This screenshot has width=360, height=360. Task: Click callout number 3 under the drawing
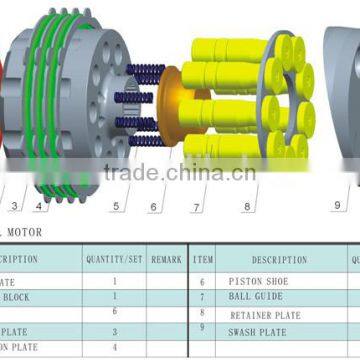pyautogui.click(x=13, y=206)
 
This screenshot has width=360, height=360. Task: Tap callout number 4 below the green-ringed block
pyautogui.click(x=40, y=207)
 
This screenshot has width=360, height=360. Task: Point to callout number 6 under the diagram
pyautogui.click(x=153, y=207)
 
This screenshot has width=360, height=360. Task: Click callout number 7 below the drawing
pyautogui.click(x=196, y=207)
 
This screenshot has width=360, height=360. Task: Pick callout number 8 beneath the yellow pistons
pyautogui.click(x=246, y=207)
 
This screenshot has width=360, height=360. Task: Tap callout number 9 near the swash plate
pyautogui.click(x=336, y=206)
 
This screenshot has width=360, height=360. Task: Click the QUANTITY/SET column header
pyautogui.click(x=113, y=259)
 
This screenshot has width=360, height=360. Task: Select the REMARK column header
pyautogui.click(x=166, y=259)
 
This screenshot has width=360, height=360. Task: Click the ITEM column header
pyautogui.click(x=203, y=259)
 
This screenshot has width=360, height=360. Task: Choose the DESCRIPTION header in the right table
pyautogui.click(x=279, y=259)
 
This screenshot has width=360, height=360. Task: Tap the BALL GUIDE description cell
pyautogui.click(x=255, y=297)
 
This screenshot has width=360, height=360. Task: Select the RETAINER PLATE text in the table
pyautogui.click(x=264, y=314)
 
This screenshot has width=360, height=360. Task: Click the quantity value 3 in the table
pyautogui.click(x=113, y=331)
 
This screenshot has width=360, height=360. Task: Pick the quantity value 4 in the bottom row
pyautogui.click(x=113, y=347)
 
